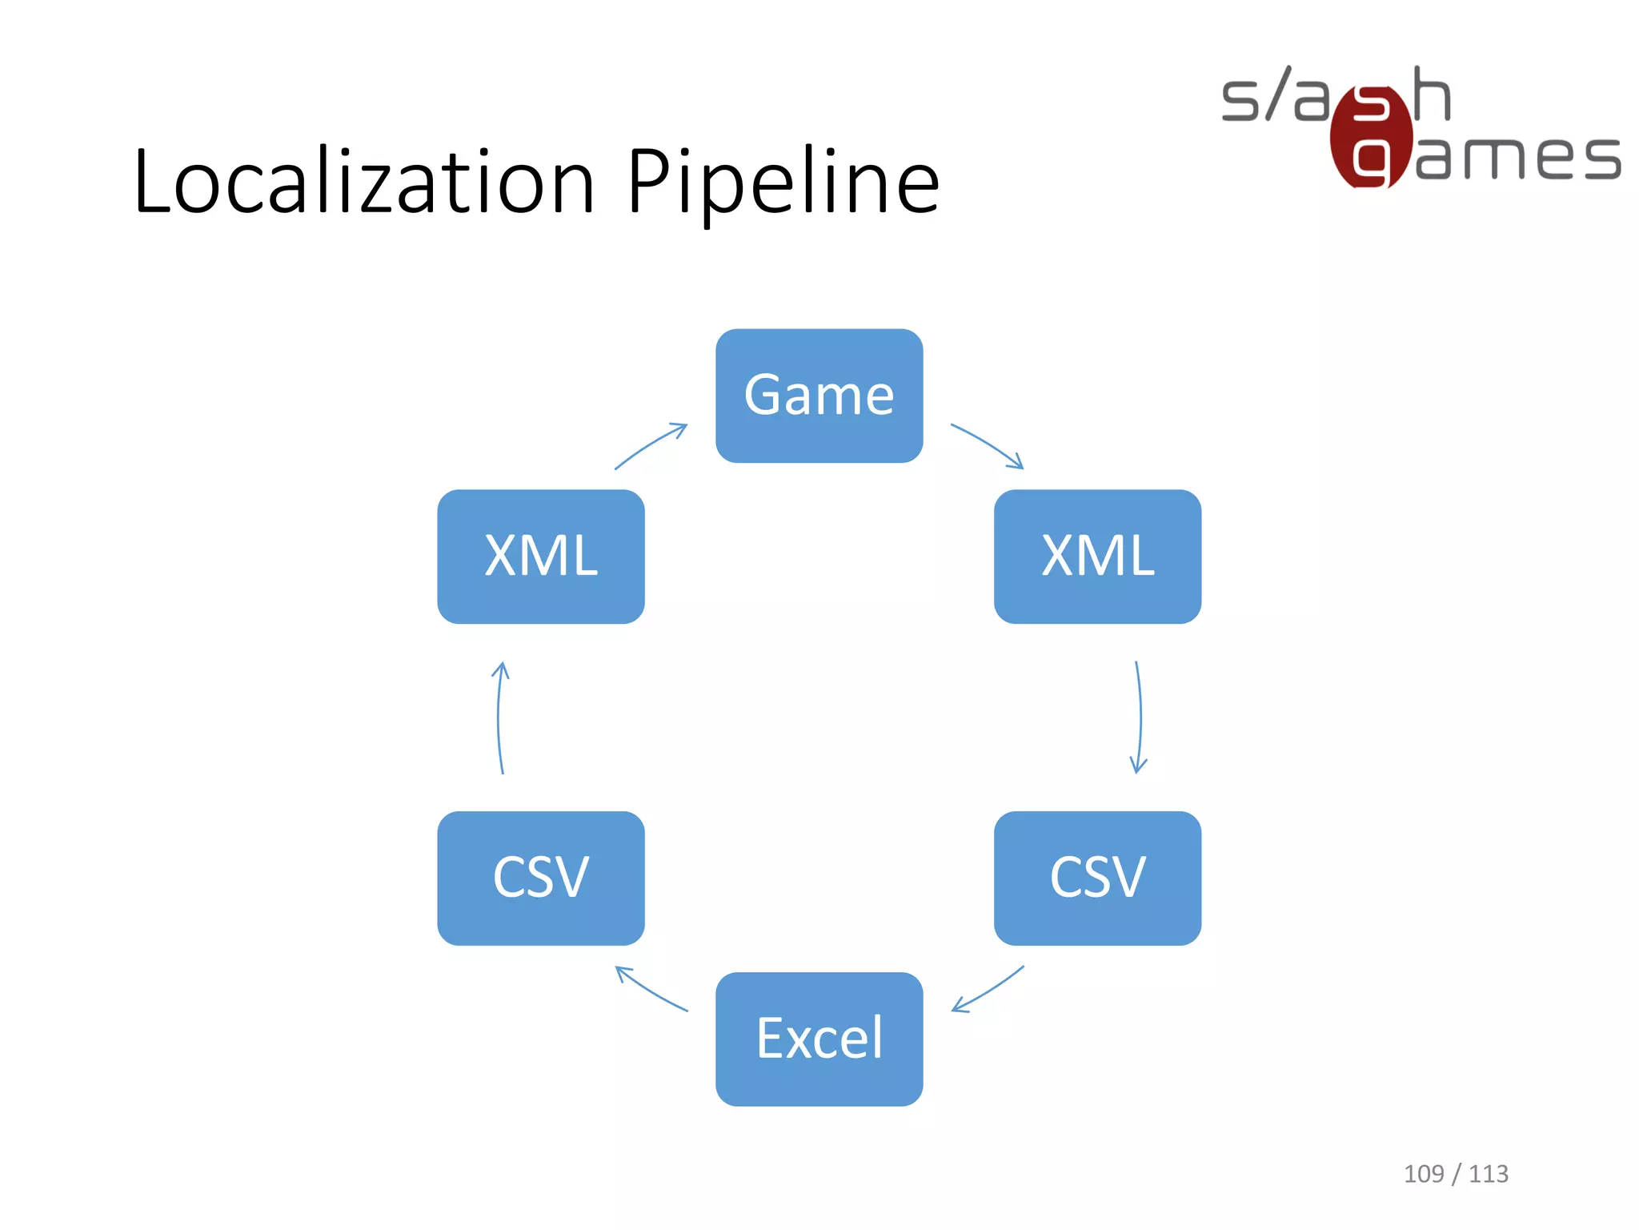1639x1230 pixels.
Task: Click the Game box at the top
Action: pos(819,396)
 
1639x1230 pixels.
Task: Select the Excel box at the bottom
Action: pos(819,1039)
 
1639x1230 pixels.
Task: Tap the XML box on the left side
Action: pos(541,557)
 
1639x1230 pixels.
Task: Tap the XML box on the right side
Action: pos(1097,557)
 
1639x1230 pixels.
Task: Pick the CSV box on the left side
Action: pos(541,878)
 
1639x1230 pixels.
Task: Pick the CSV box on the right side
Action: pos(1097,878)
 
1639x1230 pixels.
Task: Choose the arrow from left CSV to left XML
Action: pos(499,717)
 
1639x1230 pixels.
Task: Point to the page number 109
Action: pos(1424,1174)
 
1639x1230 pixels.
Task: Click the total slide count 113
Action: pos(1489,1174)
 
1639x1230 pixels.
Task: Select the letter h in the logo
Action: pos(1431,94)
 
